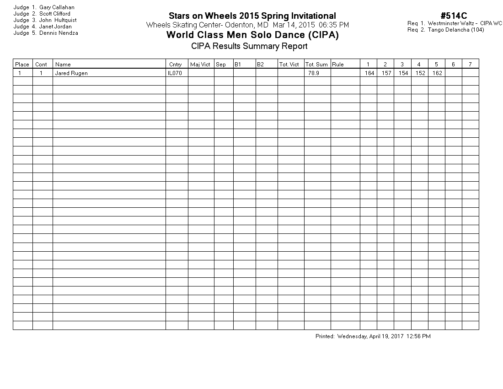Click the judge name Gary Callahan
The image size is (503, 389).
(x=57, y=7)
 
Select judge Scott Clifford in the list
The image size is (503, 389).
(x=55, y=14)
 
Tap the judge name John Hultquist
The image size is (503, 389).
(x=58, y=20)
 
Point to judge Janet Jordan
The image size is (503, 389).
(x=55, y=27)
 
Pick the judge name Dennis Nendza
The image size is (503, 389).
(x=59, y=33)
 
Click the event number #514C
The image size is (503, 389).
(x=454, y=16)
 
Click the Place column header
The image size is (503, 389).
(x=22, y=65)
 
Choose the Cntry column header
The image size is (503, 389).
(x=175, y=65)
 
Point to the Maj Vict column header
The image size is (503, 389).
(x=200, y=65)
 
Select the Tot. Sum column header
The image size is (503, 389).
(x=316, y=65)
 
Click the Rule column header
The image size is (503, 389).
(x=338, y=65)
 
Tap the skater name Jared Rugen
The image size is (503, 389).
(x=71, y=73)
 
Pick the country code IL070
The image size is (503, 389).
(x=175, y=73)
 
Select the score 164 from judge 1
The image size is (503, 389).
(x=369, y=73)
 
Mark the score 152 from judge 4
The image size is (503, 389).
(x=420, y=73)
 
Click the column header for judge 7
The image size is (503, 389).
(x=470, y=65)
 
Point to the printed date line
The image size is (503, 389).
(x=373, y=336)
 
